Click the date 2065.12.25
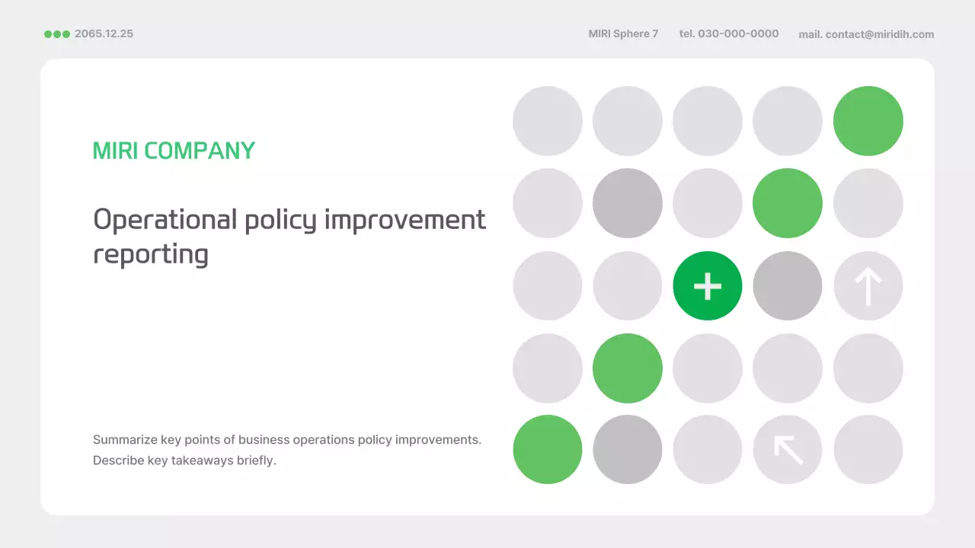click(x=104, y=33)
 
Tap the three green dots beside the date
click(x=57, y=34)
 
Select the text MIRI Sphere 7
click(x=623, y=33)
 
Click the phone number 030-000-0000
click(x=738, y=33)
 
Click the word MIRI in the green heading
click(x=115, y=151)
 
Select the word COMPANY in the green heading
click(x=200, y=151)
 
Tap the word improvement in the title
click(x=404, y=220)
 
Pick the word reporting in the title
click(x=151, y=254)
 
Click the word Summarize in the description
click(x=125, y=440)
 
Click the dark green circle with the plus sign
click(x=707, y=286)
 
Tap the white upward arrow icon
click(x=868, y=286)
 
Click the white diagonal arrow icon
click(x=788, y=449)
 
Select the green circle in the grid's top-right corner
click(x=868, y=121)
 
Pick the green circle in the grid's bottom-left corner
click(x=547, y=449)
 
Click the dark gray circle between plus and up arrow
click(x=788, y=286)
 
